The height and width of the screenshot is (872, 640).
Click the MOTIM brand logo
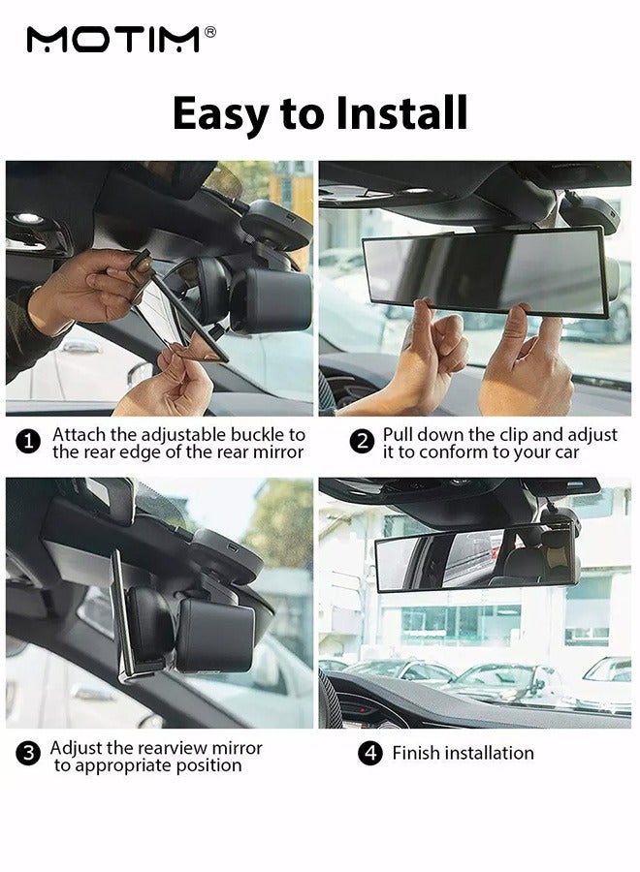113,40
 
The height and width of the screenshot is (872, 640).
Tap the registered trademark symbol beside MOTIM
210,32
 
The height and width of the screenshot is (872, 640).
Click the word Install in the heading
401,113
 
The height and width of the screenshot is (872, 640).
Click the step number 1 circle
28,443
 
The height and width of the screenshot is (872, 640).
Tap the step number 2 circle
363,442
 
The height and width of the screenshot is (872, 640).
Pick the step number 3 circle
28,754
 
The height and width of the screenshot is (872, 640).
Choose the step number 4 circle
370,753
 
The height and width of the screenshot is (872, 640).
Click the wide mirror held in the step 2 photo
485,272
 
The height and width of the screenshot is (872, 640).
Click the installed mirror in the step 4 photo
476,558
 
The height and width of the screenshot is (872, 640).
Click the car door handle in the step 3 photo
91,693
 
